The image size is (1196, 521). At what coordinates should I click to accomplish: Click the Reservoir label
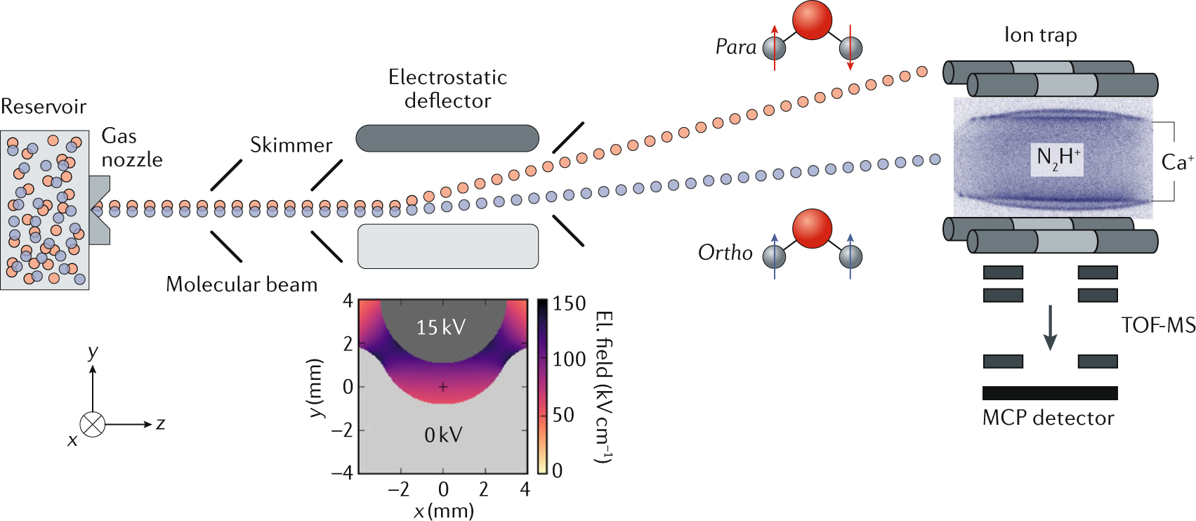tap(44, 107)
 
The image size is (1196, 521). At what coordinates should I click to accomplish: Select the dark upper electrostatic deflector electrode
tap(447, 138)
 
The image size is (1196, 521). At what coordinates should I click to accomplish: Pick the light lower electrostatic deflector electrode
tap(448, 246)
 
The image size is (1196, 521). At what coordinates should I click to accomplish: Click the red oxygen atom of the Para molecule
tap(812, 20)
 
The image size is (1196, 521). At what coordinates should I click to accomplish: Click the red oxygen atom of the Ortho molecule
tap(812, 228)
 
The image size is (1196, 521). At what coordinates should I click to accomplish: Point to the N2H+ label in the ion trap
tap(1058, 158)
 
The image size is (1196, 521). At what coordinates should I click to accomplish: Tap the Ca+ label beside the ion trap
tap(1177, 162)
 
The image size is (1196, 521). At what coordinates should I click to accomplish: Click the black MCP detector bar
tap(1049, 393)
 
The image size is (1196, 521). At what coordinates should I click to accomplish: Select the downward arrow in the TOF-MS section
tap(1050, 328)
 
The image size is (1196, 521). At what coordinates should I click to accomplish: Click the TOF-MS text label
tap(1158, 325)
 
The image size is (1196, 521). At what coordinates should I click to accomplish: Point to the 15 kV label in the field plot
tap(440, 327)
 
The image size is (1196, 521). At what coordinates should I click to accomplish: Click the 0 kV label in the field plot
tap(443, 435)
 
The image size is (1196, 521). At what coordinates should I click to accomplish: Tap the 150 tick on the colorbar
tap(569, 303)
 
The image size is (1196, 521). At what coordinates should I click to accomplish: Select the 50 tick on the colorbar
tap(563, 415)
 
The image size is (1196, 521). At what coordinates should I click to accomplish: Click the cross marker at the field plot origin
tap(443, 387)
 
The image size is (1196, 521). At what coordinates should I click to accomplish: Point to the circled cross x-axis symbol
tap(93, 424)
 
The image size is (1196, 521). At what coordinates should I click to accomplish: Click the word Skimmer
tap(291, 145)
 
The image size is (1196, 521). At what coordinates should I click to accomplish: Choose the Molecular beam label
tap(242, 284)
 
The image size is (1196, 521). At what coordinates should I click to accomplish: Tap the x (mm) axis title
tap(444, 510)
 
